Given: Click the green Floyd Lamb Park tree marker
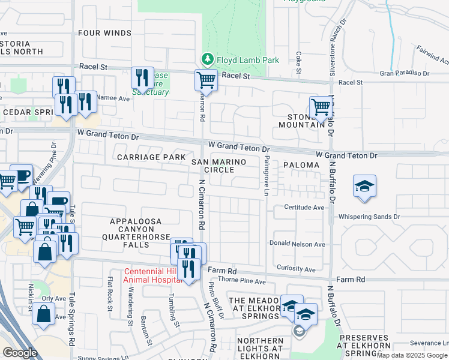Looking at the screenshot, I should pos(208,59).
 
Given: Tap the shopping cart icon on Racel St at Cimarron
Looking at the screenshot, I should pos(206,79).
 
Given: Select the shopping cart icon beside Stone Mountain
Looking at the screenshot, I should pos(321,107).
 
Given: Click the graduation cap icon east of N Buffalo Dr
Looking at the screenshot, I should pos(364,185).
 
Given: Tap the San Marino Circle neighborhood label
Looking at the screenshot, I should pos(213,166).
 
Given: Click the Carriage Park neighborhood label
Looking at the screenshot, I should pos(147,157).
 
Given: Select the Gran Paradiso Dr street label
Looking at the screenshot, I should pos(404,73).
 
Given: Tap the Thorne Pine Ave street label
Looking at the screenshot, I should pos(243,281).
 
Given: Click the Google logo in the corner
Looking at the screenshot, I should pos(20,353).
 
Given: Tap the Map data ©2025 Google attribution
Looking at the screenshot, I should pos(412,355).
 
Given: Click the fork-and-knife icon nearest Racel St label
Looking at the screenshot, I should pos(142,77).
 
